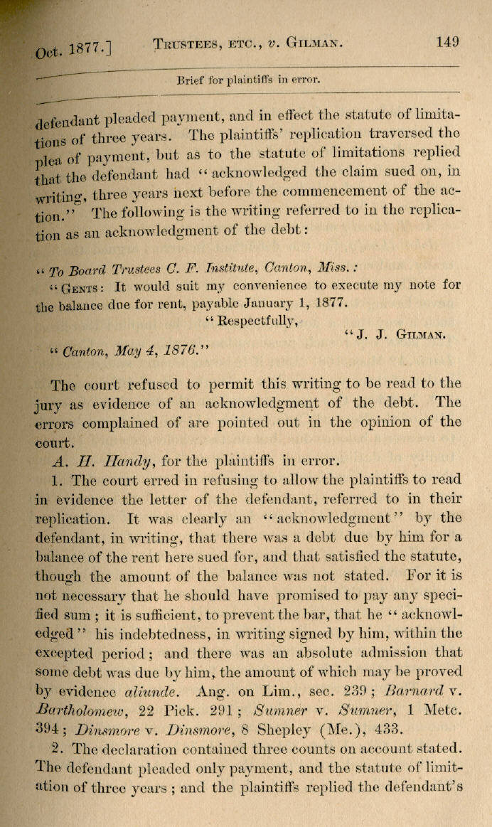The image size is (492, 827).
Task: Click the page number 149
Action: [447, 41]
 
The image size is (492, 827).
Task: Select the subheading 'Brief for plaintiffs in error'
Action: [248, 80]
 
